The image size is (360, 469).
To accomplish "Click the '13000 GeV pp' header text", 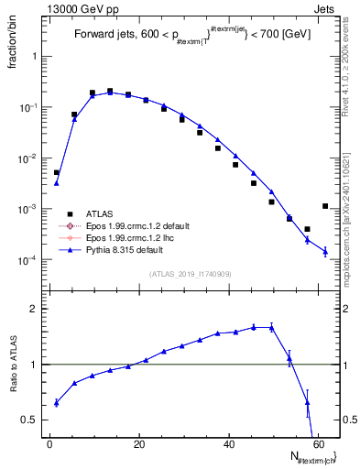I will (72, 8).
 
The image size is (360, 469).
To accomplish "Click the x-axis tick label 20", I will (138, 444).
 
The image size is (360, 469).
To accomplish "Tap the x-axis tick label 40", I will (227, 444).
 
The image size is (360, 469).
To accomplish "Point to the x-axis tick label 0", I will (50, 444).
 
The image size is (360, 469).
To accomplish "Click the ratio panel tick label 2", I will (34, 309).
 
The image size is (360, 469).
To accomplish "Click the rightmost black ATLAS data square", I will (325, 206).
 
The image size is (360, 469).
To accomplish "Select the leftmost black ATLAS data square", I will (57, 172).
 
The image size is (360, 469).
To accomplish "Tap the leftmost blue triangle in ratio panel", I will (57, 402).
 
